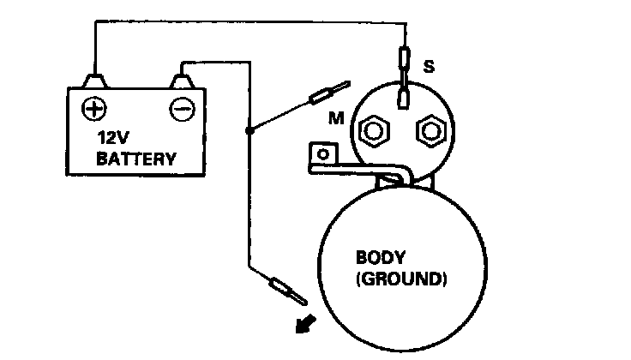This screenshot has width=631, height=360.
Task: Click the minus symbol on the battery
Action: click(181, 109)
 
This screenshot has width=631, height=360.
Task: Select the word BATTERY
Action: click(136, 159)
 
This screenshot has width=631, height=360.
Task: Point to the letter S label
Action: click(428, 64)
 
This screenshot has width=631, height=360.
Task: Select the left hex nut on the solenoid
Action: click(375, 131)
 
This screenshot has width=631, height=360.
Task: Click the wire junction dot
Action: click(249, 130)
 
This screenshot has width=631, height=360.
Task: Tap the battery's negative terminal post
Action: click(182, 81)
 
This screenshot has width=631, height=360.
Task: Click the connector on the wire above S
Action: click(404, 59)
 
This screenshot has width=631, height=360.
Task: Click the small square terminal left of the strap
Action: click(323, 154)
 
